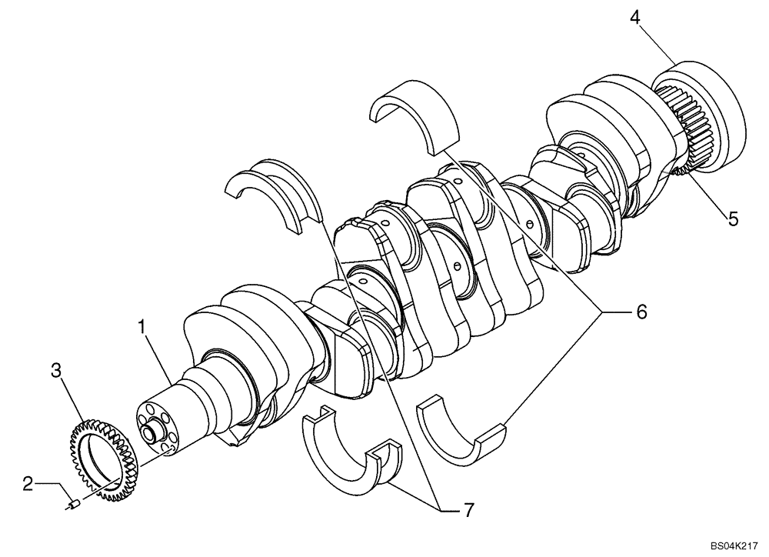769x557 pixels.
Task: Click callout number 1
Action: click(x=142, y=327)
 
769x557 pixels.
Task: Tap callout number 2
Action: click(x=28, y=483)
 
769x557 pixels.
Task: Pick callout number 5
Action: click(x=733, y=218)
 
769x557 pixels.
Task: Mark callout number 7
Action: click(x=468, y=509)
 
